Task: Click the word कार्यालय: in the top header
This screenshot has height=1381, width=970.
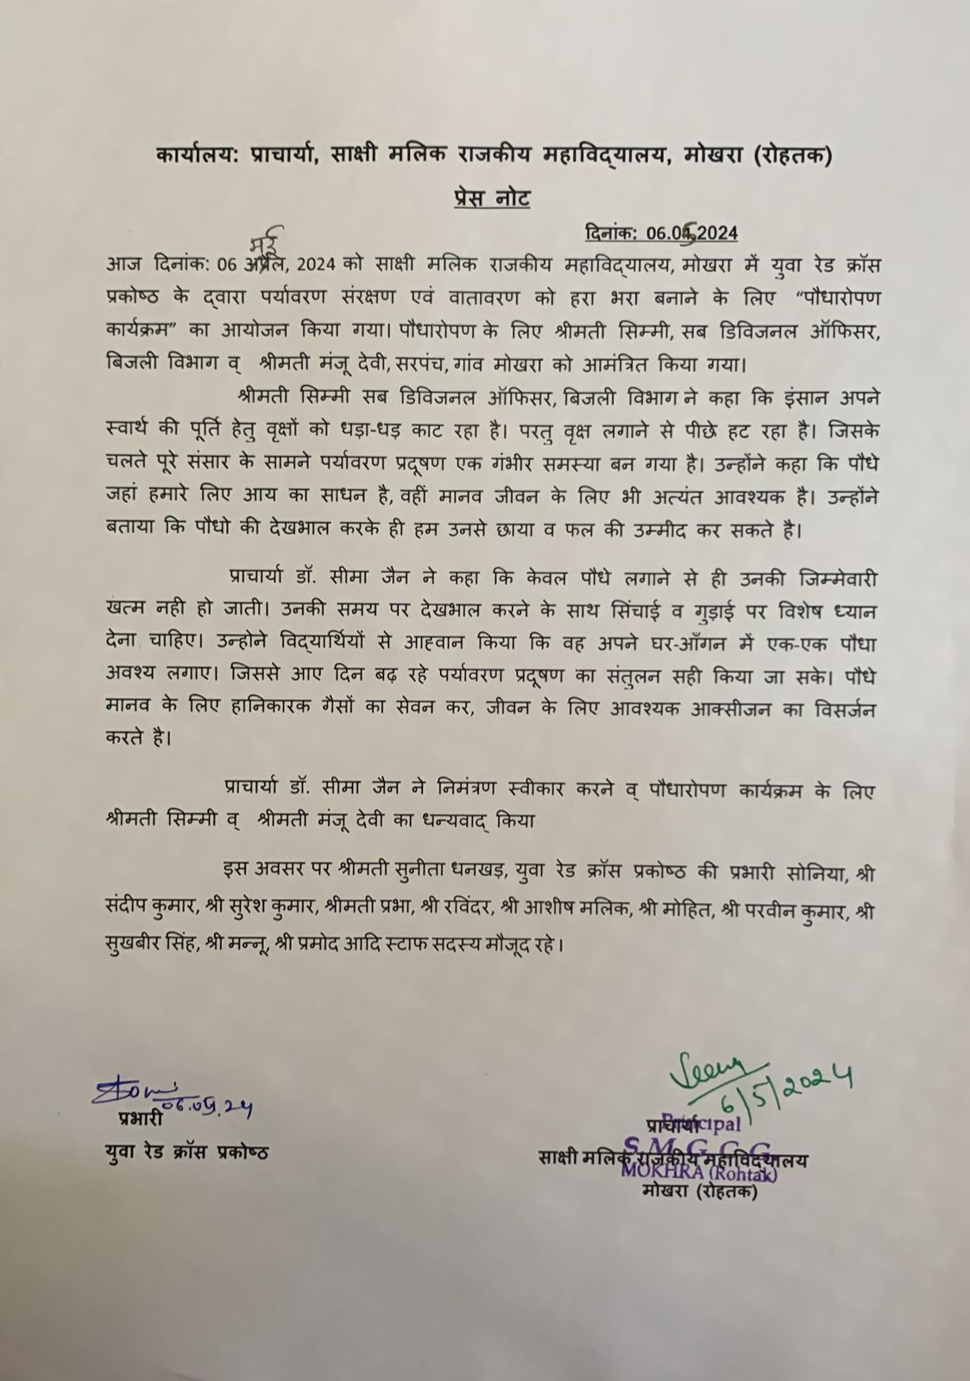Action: tap(201, 156)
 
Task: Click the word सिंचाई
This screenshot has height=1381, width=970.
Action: tap(608, 609)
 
